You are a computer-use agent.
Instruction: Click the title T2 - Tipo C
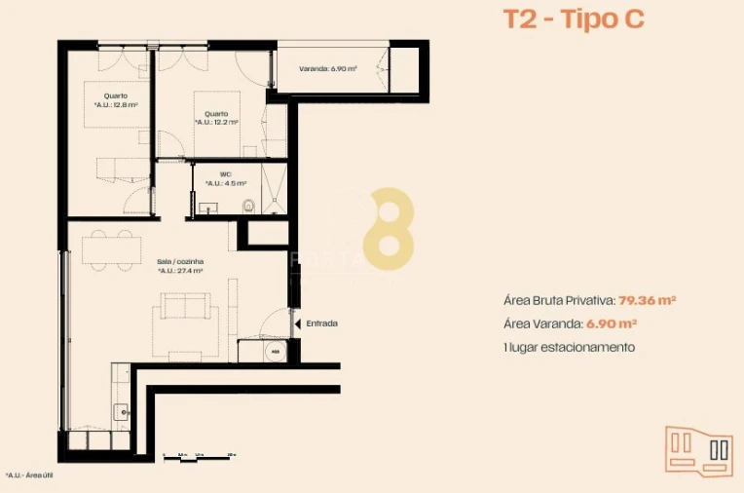[x=573, y=19]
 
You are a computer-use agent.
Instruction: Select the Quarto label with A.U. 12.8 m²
[x=116, y=100]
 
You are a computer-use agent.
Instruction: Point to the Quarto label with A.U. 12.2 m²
[x=216, y=118]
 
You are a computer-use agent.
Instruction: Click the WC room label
[x=225, y=179]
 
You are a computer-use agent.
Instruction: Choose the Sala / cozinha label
[x=179, y=266]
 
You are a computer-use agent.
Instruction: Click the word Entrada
[x=322, y=322]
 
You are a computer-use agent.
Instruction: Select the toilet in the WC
[x=250, y=205]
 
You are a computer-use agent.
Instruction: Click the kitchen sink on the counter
[x=121, y=412]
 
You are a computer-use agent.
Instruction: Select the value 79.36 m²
[x=648, y=300]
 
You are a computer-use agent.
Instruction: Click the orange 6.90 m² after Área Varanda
[x=612, y=323]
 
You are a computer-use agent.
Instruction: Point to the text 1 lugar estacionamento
[x=569, y=347]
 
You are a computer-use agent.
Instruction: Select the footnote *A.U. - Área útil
[x=30, y=475]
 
